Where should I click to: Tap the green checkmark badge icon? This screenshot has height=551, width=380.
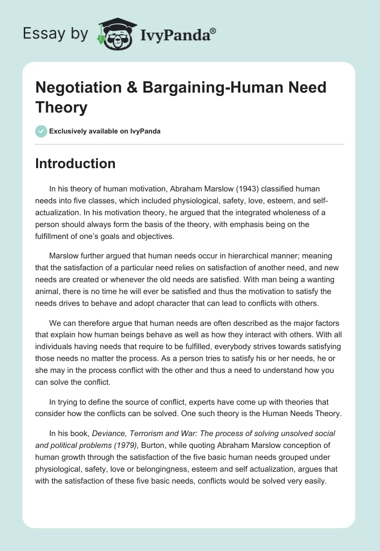(x=41, y=131)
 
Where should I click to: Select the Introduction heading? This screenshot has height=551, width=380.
(x=75, y=163)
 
